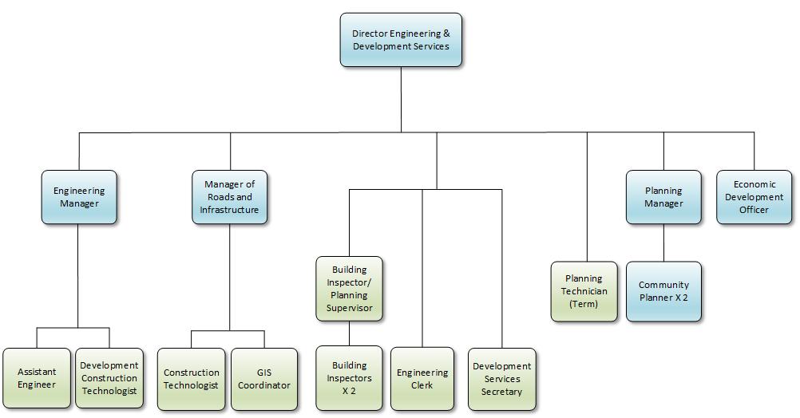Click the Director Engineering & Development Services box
[x=401, y=40]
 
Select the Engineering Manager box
[x=79, y=197]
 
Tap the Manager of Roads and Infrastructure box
[x=229, y=197]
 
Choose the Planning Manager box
[x=663, y=197]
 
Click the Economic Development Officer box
[x=754, y=197]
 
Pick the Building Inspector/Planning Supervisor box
[x=349, y=289]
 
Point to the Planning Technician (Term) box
[x=584, y=291]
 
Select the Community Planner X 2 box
[x=663, y=291]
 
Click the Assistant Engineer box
[x=37, y=379]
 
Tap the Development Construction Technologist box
[x=109, y=379]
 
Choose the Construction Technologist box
[x=191, y=379]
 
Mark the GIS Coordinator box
[x=264, y=379]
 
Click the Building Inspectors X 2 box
[x=349, y=378]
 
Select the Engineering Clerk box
[x=422, y=379]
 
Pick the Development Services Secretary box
[x=501, y=379]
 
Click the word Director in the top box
[x=370, y=34]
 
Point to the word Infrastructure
[x=229, y=210]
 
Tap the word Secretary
[x=501, y=392]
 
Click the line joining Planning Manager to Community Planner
[x=663, y=243]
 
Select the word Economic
[x=754, y=184]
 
